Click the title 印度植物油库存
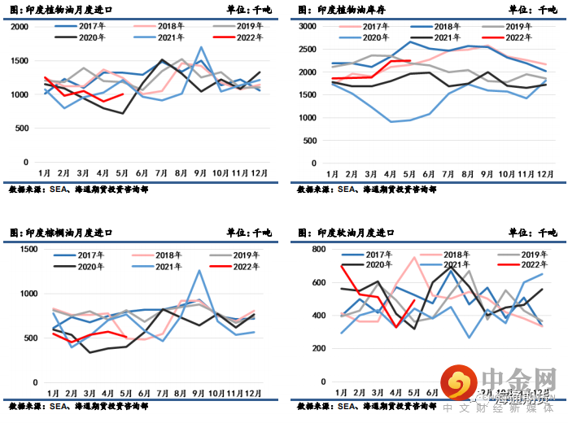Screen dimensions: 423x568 coord(345,10)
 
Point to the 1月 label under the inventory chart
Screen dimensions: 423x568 coord(334,174)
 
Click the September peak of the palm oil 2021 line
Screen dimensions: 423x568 coord(200,271)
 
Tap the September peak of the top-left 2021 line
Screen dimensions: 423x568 coord(201,47)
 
